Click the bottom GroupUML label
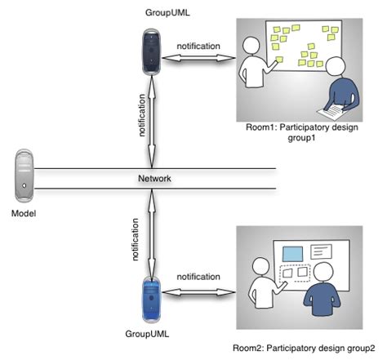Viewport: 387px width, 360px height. click(x=147, y=334)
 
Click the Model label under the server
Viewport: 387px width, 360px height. click(x=25, y=213)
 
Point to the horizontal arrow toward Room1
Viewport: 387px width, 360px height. click(x=198, y=58)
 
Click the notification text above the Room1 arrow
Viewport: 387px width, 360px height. click(x=198, y=46)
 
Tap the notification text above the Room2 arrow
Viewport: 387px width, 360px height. click(x=198, y=277)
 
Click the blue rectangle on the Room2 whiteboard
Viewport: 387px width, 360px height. click(x=292, y=253)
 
